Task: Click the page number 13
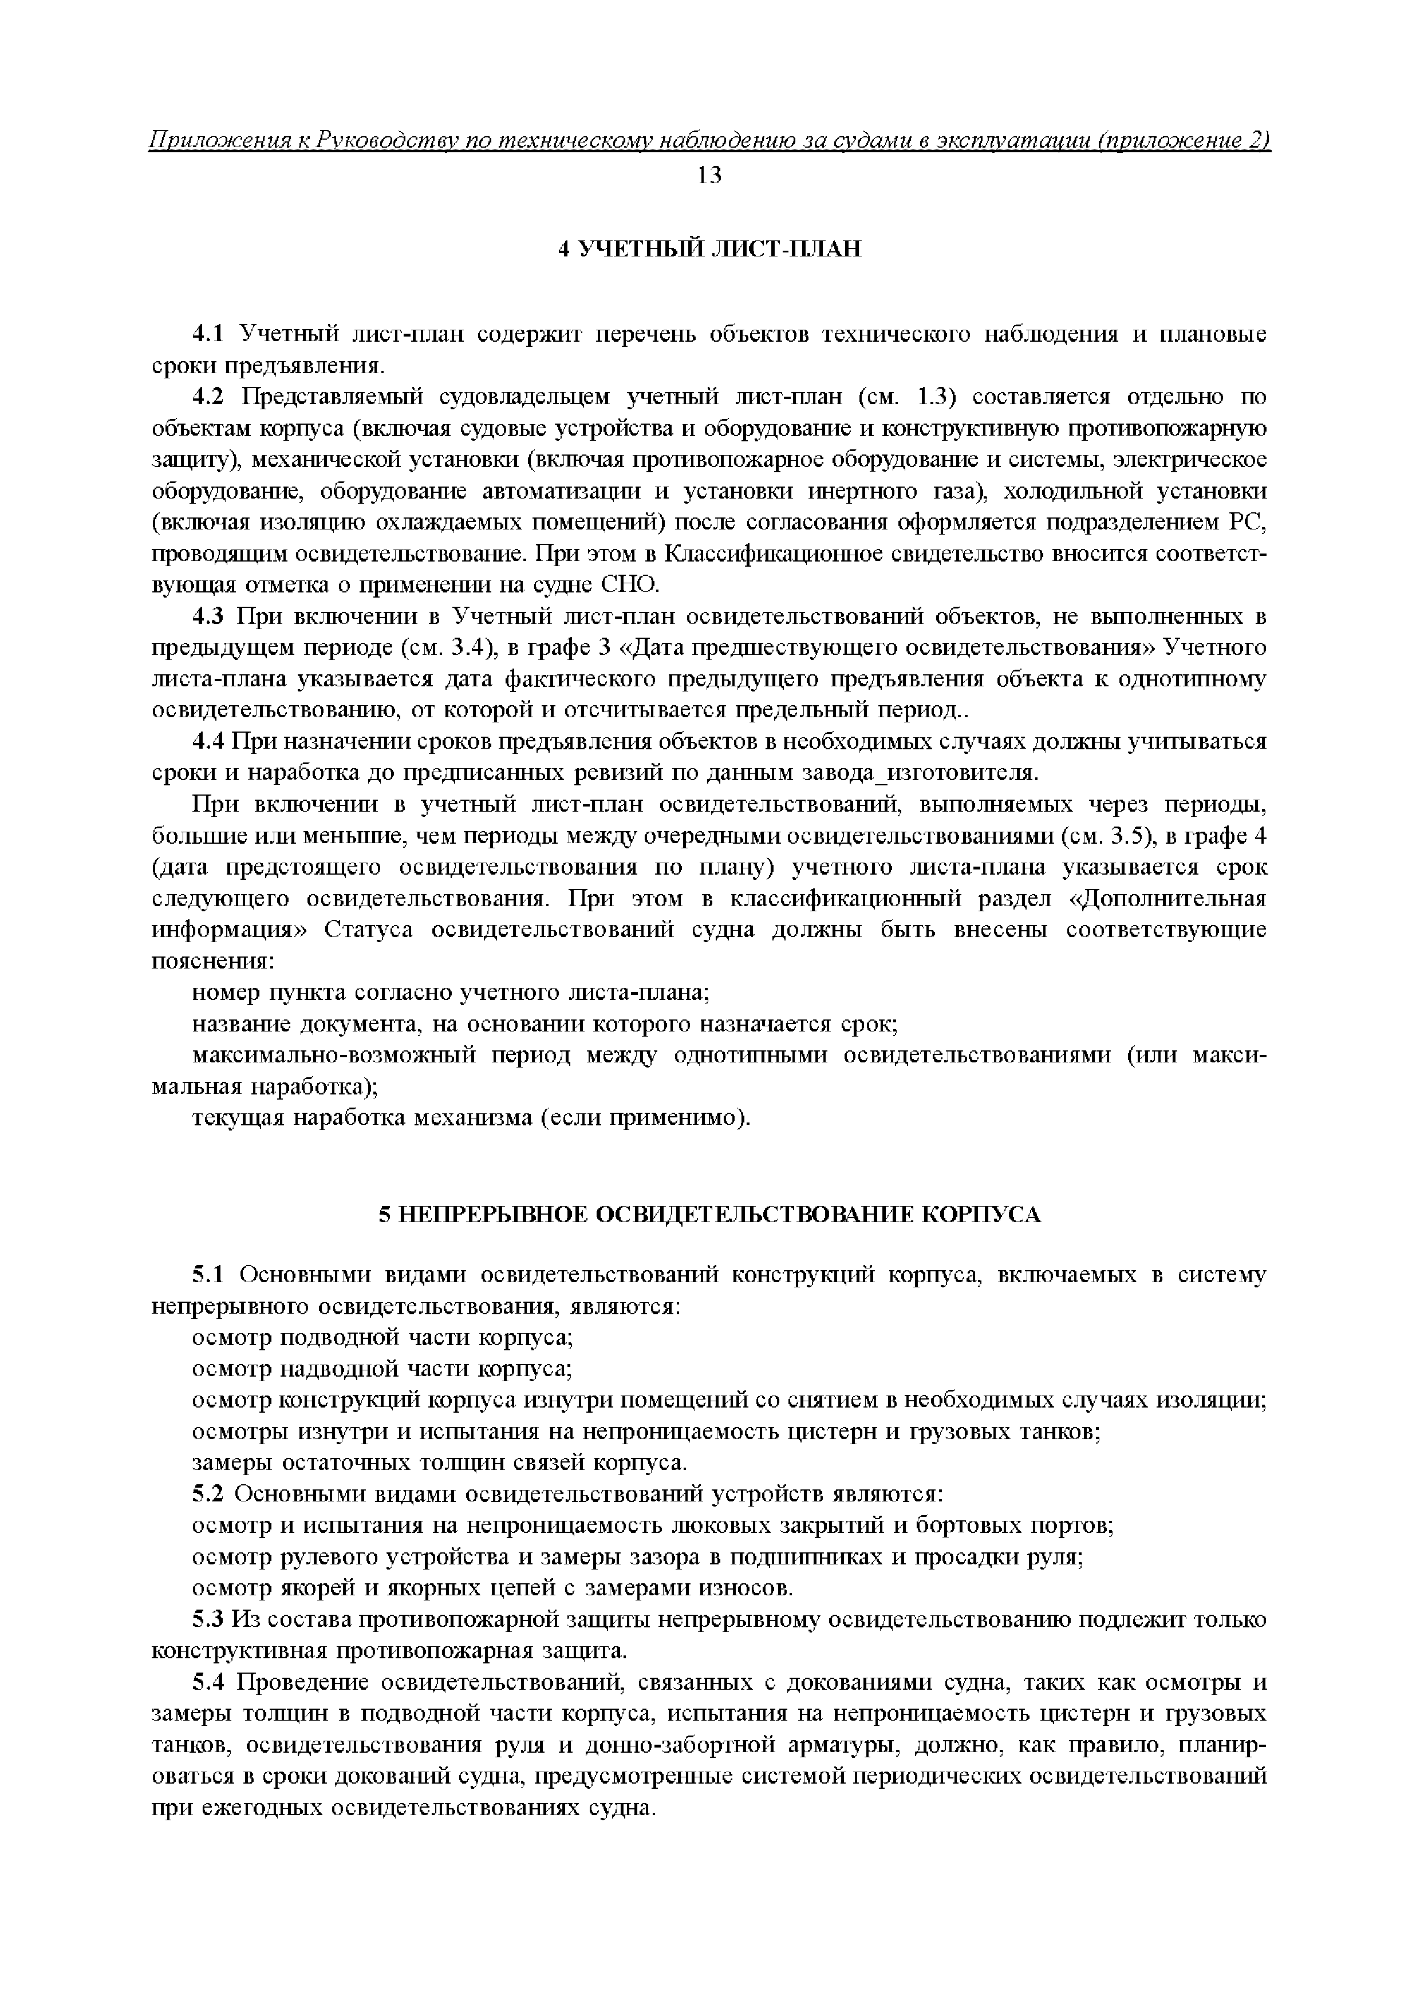click(x=709, y=176)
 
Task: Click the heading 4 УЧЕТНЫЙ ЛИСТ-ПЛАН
click(x=709, y=249)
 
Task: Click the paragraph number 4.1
click(x=208, y=334)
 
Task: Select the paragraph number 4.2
click(x=208, y=397)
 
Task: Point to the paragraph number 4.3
click(x=208, y=618)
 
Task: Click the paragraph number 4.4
click(x=208, y=742)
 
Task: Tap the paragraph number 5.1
click(x=208, y=1275)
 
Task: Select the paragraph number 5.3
click(x=208, y=1620)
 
